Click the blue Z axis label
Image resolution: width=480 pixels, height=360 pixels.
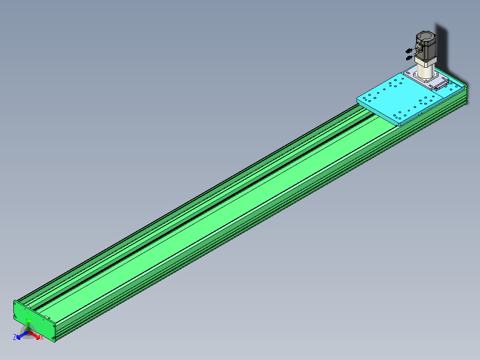tap(15, 337)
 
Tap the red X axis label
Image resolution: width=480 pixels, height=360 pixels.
tap(42, 338)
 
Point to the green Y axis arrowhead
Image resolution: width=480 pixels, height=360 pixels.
tap(28, 321)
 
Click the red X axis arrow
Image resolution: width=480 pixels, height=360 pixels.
tap(34, 335)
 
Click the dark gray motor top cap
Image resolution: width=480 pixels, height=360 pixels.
tap(426, 37)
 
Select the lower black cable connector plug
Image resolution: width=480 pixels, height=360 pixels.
tap(408, 58)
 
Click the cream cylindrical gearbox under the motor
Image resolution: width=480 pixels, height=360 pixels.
tap(425, 70)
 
